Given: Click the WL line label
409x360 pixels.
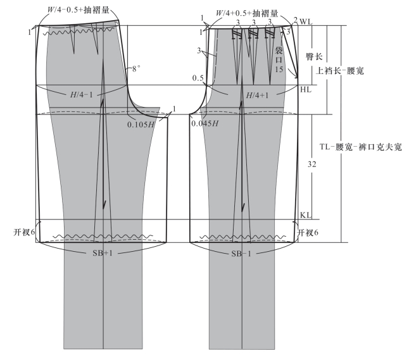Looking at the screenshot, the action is (x=306, y=22).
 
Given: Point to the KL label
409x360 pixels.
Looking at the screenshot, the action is (x=305, y=216).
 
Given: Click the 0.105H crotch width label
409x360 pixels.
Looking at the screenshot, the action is (x=141, y=123).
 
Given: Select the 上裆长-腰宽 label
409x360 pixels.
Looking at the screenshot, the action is (x=335, y=72).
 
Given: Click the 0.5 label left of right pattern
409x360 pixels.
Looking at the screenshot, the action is (x=198, y=78).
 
